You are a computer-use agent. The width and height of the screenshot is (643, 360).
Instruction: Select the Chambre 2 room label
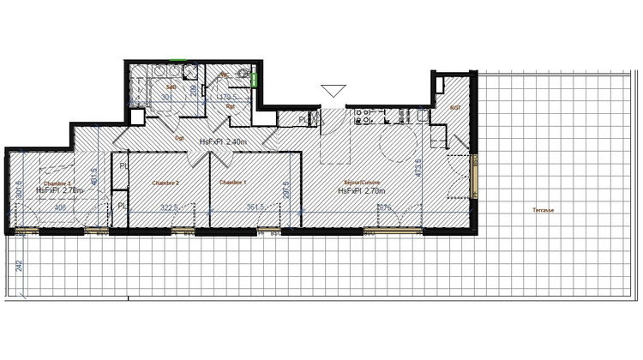(x=165, y=183)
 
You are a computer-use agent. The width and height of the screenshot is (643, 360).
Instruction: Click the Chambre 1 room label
(x=232, y=183)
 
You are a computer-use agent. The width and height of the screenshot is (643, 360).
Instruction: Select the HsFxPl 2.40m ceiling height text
(x=223, y=141)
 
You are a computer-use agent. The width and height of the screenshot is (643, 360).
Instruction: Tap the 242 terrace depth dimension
(x=19, y=267)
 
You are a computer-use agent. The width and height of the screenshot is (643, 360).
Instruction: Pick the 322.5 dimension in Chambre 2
(x=168, y=207)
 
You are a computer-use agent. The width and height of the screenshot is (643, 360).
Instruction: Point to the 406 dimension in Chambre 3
(x=61, y=207)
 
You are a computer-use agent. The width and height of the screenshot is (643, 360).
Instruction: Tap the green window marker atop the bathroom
(x=177, y=60)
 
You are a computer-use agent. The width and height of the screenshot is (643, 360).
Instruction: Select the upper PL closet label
(x=123, y=165)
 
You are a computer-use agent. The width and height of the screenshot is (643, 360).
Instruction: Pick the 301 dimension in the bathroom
(x=168, y=98)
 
